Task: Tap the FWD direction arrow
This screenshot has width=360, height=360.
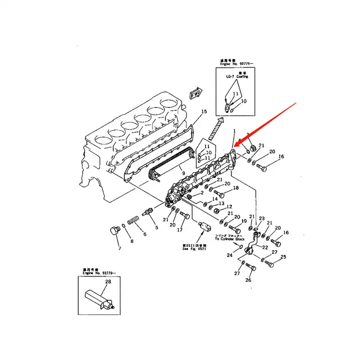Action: [x=195, y=94]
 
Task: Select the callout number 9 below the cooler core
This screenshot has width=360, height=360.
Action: [x=183, y=172]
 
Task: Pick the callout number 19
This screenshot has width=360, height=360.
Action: [x=244, y=221]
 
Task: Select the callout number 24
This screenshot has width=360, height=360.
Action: [x=229, y=255]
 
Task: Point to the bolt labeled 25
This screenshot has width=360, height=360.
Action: [x=270, y=262]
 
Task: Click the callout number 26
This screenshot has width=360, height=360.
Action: [x=248, y=280]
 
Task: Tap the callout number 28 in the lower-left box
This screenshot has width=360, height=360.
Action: [x=108, y=282]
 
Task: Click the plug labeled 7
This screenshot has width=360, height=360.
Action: [x=113, y=231]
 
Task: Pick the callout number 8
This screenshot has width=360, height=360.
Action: [x=131, y=241]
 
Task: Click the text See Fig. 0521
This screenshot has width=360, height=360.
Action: [x=194, y=250]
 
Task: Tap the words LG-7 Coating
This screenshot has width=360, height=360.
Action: [x=237, y=76]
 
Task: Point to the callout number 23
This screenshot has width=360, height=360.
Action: [x=261, y=218]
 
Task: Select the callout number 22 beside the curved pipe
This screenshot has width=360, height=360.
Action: [x=265, y=247]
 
